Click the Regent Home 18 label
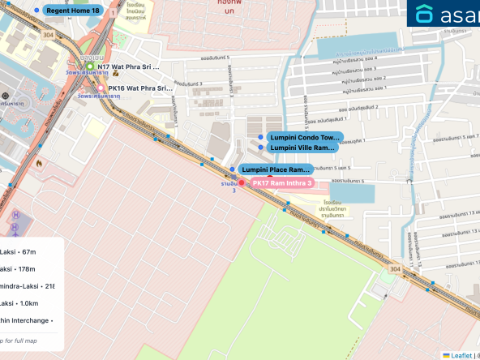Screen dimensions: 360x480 (x=73, y=11)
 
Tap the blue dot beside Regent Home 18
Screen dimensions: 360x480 (x=36, y=11)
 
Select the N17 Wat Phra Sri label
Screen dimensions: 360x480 (x=129, y=66)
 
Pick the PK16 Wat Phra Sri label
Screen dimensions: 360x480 (x=139, y=88)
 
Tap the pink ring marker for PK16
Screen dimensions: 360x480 (x=101, y=88)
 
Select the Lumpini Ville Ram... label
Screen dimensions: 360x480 (x=302, y=148)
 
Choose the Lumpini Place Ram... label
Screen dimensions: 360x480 (x=276, y=169)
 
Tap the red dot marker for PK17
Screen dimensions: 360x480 (x=242, y=183)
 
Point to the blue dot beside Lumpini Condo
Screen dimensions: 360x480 (x=260, y=137)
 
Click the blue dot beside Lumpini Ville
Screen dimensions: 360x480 (x=260, y=148)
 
